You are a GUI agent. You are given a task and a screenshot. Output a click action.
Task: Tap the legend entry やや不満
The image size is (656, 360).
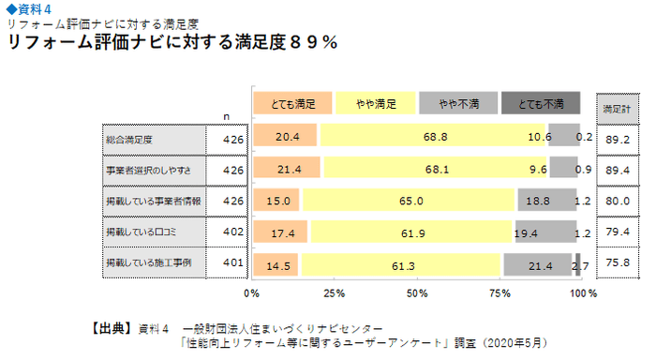pos(458,102)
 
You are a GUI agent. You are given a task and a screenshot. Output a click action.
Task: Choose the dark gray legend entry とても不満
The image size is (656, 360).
pos(541,102)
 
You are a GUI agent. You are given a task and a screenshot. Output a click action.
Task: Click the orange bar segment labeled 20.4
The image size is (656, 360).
pos(286,138)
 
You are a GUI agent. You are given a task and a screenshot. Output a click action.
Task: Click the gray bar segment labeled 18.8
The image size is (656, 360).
pos(545,200)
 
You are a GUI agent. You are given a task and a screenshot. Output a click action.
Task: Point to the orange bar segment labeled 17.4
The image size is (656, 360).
pos(281,231)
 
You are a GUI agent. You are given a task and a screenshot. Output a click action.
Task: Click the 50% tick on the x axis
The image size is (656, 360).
pos(417,292)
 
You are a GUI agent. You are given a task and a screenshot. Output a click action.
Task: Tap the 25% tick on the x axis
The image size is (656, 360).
pos(335,292)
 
